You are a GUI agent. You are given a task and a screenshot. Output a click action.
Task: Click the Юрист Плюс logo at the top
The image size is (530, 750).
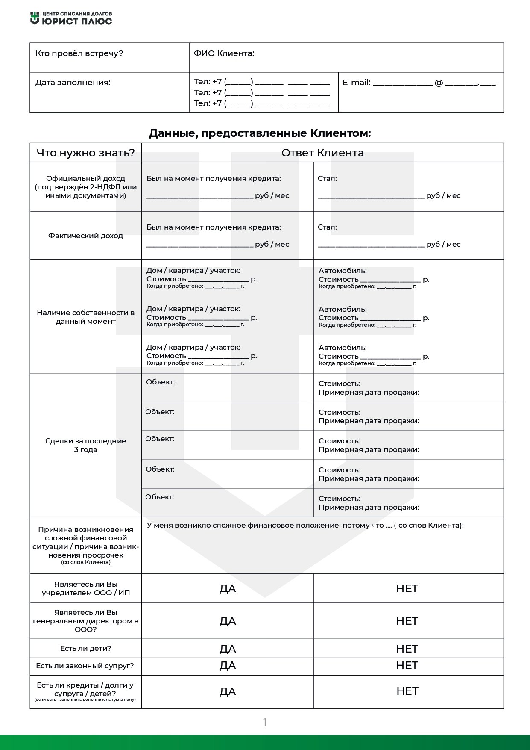[x=71, y=18]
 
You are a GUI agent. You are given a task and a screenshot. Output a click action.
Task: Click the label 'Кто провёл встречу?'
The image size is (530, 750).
[x=79, y=53]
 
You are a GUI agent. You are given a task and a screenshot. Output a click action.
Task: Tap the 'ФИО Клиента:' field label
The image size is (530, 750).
[x=224, y=53]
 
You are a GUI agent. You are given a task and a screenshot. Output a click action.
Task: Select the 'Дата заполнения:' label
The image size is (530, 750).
[x=73, y=83]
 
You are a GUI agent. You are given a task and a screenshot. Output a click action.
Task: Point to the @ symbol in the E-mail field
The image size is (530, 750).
[x=439, y=83]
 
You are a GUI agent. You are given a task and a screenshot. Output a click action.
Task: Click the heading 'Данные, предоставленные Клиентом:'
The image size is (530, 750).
[x=260, y=133]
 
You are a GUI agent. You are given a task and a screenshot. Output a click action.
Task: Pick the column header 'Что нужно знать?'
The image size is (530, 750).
[x=85, y=153]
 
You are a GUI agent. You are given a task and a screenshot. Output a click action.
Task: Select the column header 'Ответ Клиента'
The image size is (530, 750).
[x=322, y=153]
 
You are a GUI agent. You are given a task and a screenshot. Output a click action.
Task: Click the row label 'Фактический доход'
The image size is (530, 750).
[x=85, y=236]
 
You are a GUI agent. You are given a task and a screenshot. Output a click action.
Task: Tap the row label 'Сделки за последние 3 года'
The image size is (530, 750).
[x=85, y=445]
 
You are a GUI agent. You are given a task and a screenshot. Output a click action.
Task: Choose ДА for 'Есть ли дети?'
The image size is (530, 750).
[x=228, y=649]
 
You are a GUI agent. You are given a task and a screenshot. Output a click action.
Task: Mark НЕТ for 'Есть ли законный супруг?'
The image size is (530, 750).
[x=407, y=666]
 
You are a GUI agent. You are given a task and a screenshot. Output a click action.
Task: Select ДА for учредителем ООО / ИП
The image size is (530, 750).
[x=228, y=589]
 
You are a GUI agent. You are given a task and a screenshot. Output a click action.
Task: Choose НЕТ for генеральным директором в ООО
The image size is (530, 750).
[x=407, y=621]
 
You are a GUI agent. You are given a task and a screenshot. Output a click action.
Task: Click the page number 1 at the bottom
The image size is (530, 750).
[x=265, y=722]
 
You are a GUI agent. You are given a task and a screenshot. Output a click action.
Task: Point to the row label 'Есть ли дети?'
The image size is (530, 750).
[x=85, y=648]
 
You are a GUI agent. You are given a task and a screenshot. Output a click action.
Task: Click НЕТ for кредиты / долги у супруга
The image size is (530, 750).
[x=407, y=691]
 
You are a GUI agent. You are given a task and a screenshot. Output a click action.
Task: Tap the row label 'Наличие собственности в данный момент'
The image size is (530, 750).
[x=85, y=317]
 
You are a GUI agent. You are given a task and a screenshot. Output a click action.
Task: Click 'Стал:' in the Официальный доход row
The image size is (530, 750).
[x=327, y=178]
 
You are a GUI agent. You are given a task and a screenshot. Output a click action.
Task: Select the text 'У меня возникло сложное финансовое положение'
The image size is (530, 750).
[x=243, y=525]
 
